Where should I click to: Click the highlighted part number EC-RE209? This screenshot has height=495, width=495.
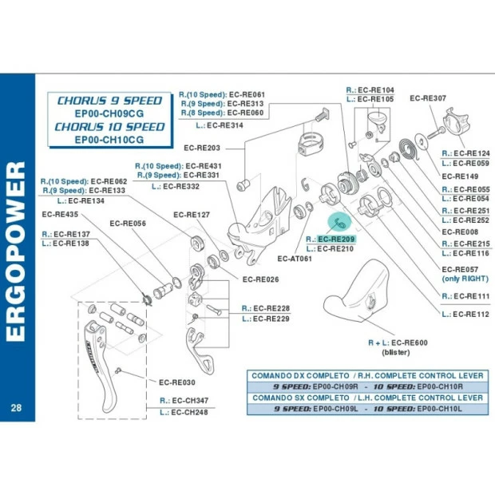tap(335, 239)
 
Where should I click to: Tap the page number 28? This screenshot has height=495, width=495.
tap(17, 408)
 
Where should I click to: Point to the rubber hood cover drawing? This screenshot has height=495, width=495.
tap(354, 295)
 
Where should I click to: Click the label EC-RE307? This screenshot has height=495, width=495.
tap(428, 98)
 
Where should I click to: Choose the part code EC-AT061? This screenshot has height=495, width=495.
tap(295, 259)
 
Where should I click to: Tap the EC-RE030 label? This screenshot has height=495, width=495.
tap(176, 382)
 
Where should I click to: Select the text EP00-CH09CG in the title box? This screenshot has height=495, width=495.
tap(109, 113)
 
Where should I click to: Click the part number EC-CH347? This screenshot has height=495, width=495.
tap(189, 400)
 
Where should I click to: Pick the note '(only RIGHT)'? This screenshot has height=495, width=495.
tap(465, 279)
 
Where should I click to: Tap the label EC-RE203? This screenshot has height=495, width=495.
tap(202, 148)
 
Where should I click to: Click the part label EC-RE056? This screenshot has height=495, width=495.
tap(128, 224)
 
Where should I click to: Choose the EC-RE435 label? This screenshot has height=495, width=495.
tap(61, 215)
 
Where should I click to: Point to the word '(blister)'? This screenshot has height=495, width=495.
tap(398, 352)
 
